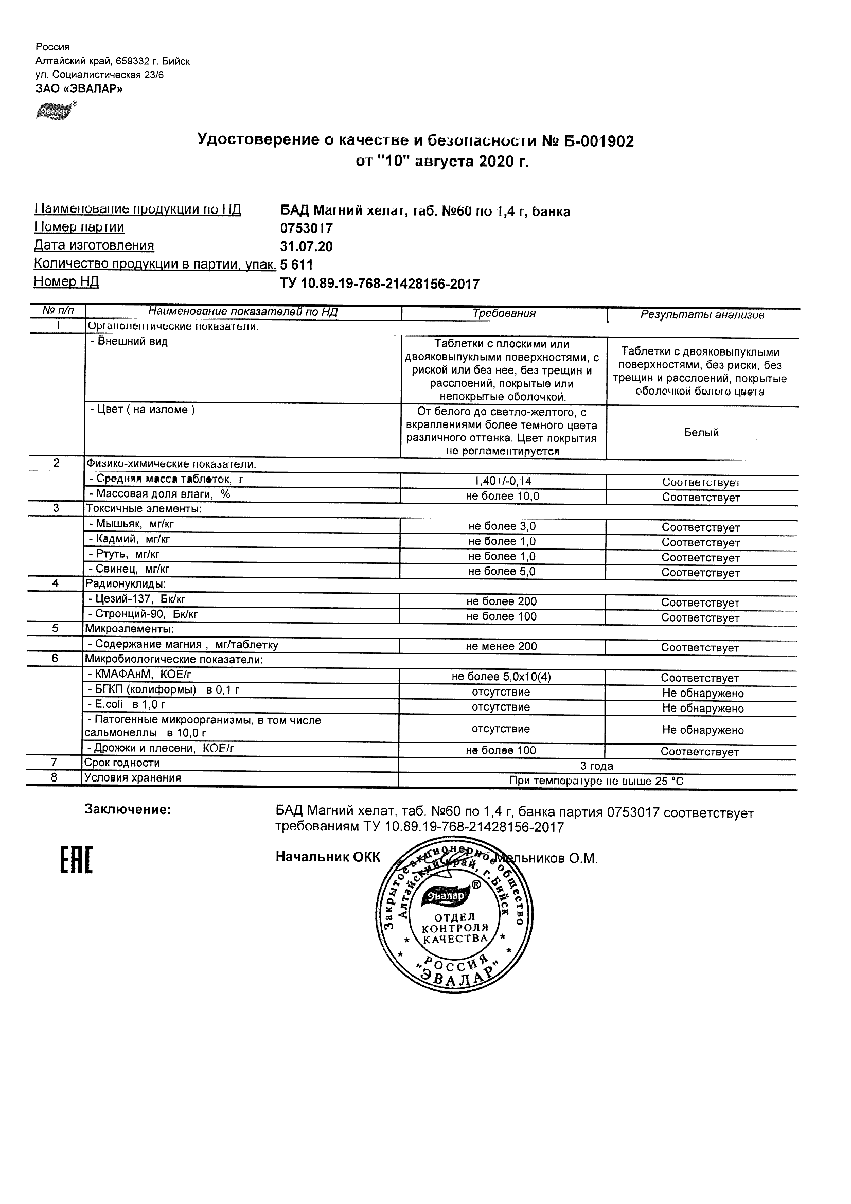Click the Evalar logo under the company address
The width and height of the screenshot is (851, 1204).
pos(56,111)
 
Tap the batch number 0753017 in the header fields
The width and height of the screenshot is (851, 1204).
pos(306,228)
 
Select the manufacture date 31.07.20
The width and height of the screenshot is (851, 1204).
pos(306,246)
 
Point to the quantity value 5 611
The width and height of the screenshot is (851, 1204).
pos(297,265)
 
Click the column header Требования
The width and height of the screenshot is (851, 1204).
pos(504,313)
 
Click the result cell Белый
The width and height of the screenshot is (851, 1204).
pos(702,433)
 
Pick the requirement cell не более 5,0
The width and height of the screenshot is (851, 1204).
pos(502,572)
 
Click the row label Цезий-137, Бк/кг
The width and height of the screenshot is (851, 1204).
pos(137,599)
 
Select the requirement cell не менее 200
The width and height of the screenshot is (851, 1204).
pos(501,647)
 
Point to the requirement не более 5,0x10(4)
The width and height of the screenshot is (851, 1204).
pos(501,677)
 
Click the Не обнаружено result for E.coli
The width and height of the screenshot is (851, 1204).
pos(703,709)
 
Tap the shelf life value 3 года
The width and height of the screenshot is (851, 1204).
pos(597,766)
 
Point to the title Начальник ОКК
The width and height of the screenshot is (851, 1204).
pos(328,857)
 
